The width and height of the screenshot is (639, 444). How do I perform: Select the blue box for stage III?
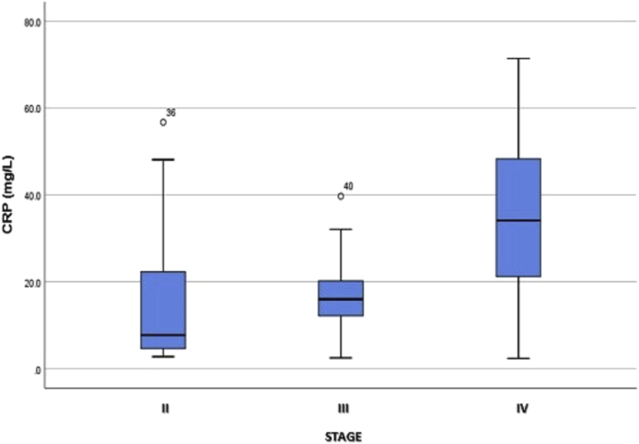pyautogui.click(x=341, y=298)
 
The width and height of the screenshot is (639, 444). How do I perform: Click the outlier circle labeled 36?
pyautogui.click(x=163, y=121)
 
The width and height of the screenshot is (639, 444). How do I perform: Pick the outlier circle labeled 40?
pyautogui.click(x=341, y=196)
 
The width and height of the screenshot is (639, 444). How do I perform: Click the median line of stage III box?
pyautogui.click(x=341, y=299)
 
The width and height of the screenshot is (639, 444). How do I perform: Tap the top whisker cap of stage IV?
pyautogui.click(x=518, y=58)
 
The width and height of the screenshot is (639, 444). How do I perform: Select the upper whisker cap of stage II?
pyautogui.click(x=163, y=159)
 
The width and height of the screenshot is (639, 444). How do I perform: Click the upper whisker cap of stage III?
pyautogui.click(x=341, y=229)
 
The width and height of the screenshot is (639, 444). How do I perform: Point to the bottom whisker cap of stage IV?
pyautogui.click(x=518, y=359)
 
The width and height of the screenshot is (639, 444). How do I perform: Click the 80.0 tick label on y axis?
pyautogui.click(x=31, y=21)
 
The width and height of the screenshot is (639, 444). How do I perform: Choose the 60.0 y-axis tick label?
pyautogui.click(x=31, y=108)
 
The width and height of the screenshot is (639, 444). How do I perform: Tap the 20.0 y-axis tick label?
pyautogui.click(x=31, y=282)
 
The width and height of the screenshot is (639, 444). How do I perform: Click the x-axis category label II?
pyautogui.click(x=164, y=409)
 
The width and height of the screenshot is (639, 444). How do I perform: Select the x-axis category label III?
pyautogui.click(x=341, y=409)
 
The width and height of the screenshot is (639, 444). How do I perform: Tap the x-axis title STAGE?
pyautogui.click(x=342, y=437)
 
